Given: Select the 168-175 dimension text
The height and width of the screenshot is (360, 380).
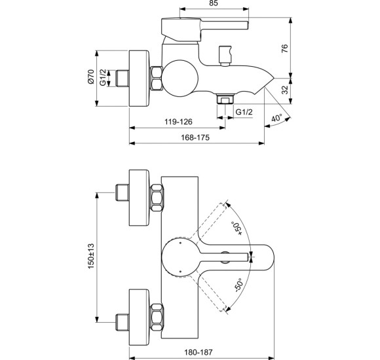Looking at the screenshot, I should (x=197, y=137).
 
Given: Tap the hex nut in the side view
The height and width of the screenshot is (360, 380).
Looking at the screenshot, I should (x=157, y=79).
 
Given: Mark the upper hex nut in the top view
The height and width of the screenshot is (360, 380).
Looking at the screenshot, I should (x=157, y=197).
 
